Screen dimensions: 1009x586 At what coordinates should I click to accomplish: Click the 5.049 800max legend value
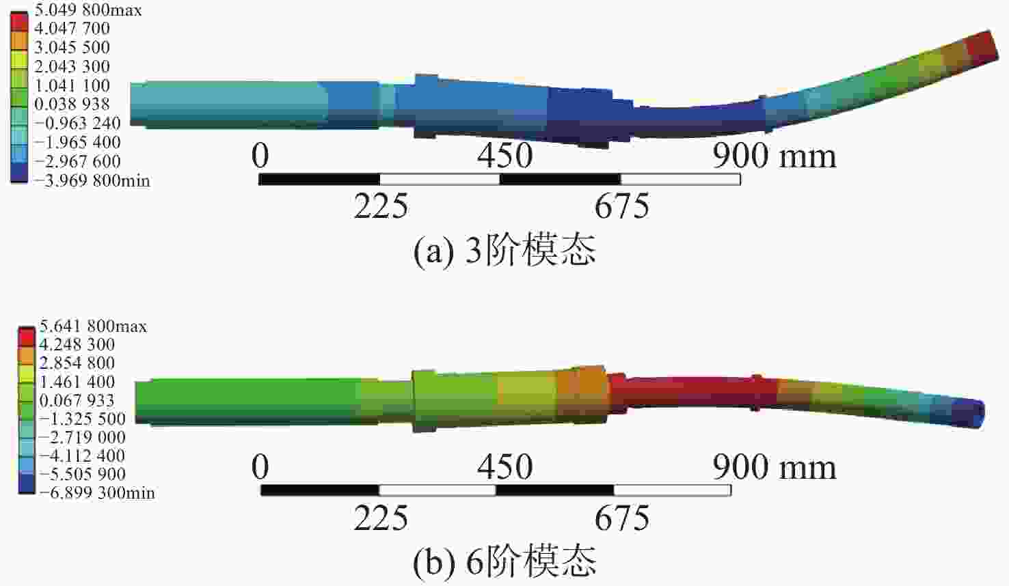pyautogui.click(x=88, y=10)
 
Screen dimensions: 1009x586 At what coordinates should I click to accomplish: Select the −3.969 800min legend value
pyautogui.click(x=92, y=181)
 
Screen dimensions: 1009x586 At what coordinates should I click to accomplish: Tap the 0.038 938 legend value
pyautogui.click(x=72, y=104)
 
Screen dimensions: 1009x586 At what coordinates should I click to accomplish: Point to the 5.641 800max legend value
pyautogui.click(x=93, y=326)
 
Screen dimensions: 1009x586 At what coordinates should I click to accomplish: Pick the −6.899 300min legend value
pyautogui.click(x=96, y=493)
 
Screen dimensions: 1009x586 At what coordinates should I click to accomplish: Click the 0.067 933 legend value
pyautogui.click(x=77, y=400)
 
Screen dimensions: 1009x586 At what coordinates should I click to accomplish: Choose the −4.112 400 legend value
pyautogui.click(x=81, y=456)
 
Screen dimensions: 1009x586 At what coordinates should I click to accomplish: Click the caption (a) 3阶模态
pyautogui.click(x=504, y=250)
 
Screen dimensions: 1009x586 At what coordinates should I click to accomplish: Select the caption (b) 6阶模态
pyautogui.click(x=504, y=561)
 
